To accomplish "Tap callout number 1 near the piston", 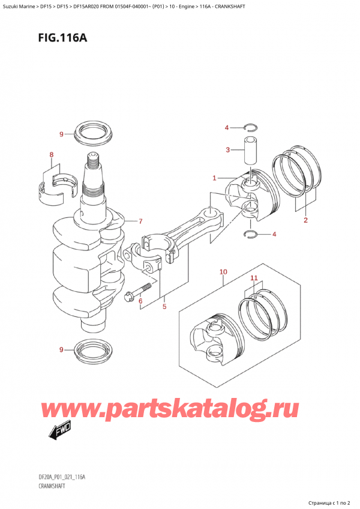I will click(214, 178).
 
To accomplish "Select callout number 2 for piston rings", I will click(305, 220).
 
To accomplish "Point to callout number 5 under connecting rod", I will click(163, 307).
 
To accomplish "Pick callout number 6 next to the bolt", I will click(140, 301).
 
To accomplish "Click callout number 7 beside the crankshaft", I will click(140, 221).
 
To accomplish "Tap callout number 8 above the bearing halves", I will click(52, 155).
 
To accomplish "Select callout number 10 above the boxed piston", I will click(223, 272).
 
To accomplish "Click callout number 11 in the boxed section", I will click(254, 279).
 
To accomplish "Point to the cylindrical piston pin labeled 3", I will click(249, 149).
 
